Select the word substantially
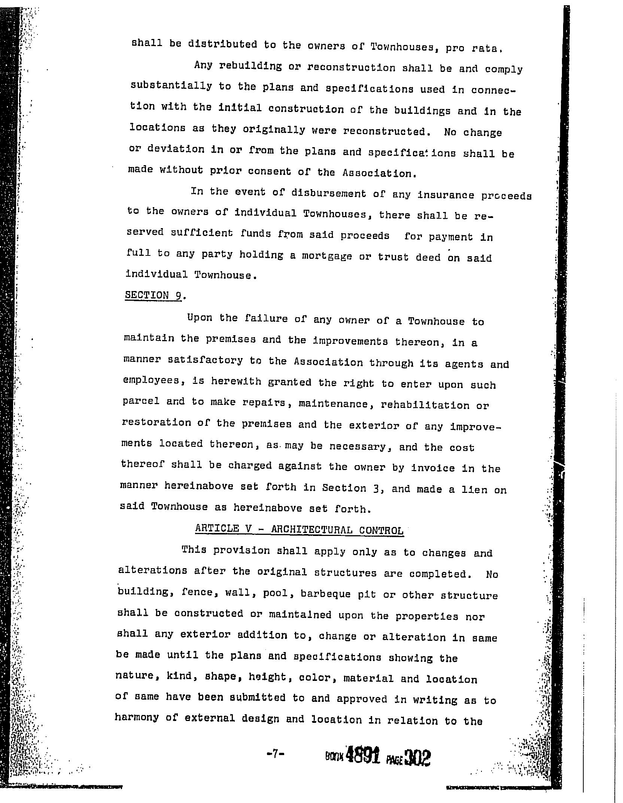click(171, 86)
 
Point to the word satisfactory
click(205, 361)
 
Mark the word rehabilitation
click(425, 405)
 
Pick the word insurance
click(446, 195)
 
